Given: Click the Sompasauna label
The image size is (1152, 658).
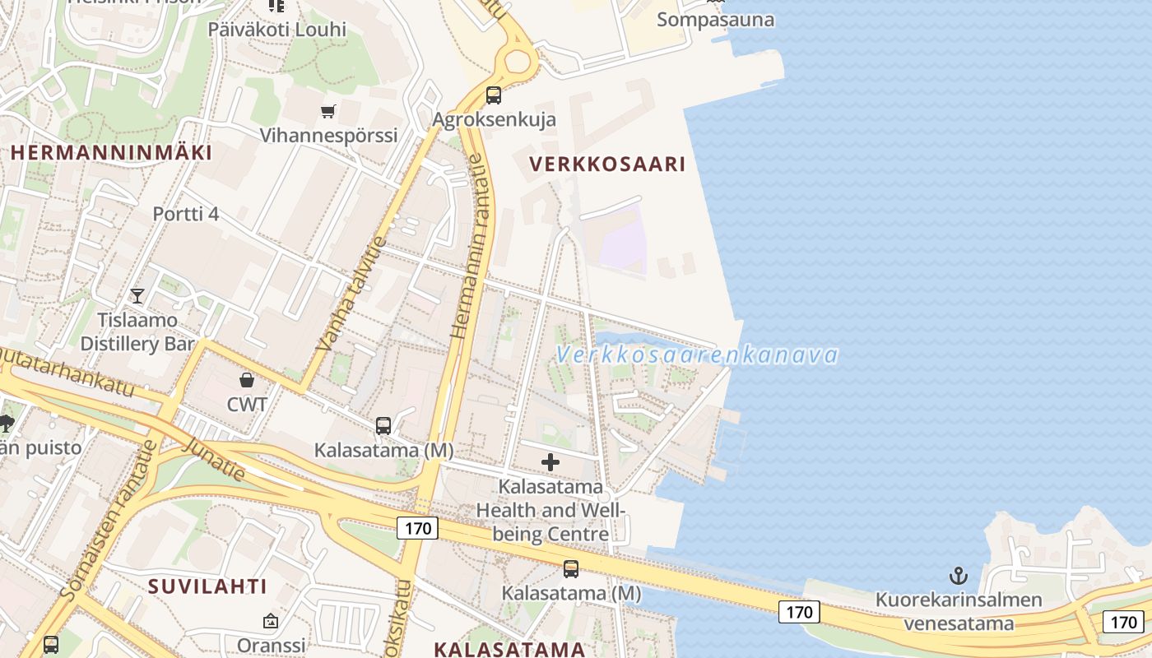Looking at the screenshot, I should point(715,20).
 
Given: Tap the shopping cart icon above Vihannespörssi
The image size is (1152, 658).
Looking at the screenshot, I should point(328,111).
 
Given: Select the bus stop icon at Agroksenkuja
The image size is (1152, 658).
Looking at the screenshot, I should point(494,95).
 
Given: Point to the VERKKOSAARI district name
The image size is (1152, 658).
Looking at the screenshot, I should point(607,164).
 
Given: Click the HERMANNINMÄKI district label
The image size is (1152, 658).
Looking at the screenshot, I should point(111,152).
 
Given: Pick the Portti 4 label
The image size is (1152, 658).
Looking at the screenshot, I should point(186,215).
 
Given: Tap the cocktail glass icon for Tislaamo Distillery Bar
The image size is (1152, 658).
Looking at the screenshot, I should point(137,295).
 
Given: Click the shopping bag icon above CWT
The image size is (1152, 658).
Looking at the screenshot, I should point(246,379).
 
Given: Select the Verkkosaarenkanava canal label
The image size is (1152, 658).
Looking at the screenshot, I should point(696,355).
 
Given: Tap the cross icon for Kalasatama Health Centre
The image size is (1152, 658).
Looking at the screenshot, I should point(550,462).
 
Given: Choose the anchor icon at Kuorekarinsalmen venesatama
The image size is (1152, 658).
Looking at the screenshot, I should point(958,575).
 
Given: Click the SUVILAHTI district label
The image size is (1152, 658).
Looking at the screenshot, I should point(207,586).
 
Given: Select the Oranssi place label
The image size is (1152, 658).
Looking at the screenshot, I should point(271,645).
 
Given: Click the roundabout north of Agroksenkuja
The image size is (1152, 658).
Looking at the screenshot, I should point(518,61).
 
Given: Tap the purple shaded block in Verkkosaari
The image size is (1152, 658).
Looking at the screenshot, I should point(621,240).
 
